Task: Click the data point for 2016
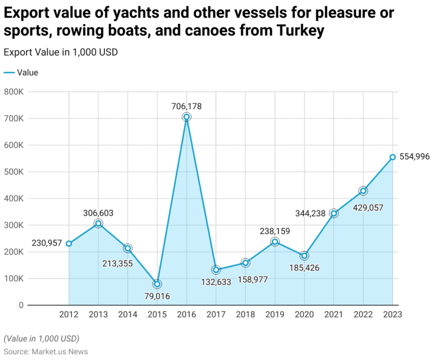point(186,117)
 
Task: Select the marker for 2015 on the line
point(157,284)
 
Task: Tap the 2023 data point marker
point(392,157)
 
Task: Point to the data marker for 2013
point(98,224)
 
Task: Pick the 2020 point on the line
point(304,255)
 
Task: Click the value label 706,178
point(186,106)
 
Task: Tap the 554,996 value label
point(414,157)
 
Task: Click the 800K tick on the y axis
point(14,92)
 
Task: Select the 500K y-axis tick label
point(14,172)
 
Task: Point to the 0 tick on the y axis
point(21,305)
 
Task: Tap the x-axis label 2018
point(245,315)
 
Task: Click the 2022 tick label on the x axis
point(363,315)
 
